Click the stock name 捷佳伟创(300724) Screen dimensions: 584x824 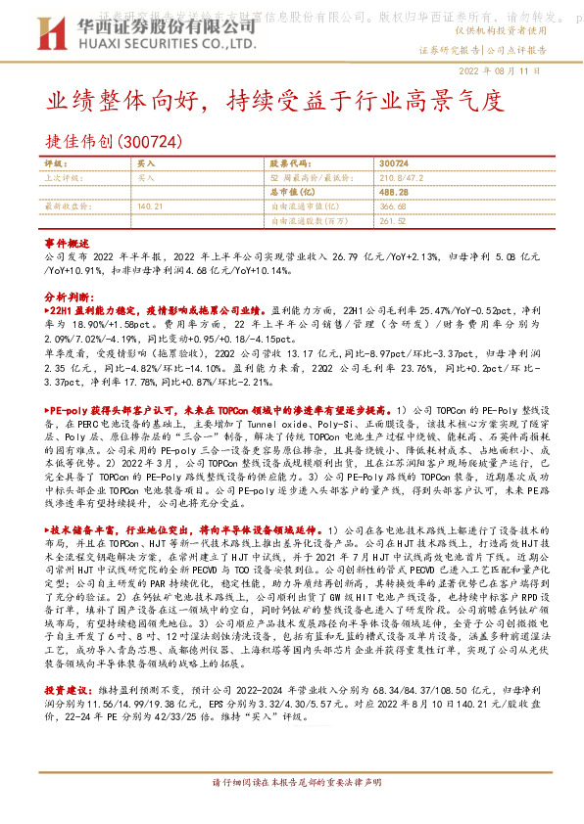coord(116,142)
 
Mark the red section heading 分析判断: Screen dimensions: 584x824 coord(70,295)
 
